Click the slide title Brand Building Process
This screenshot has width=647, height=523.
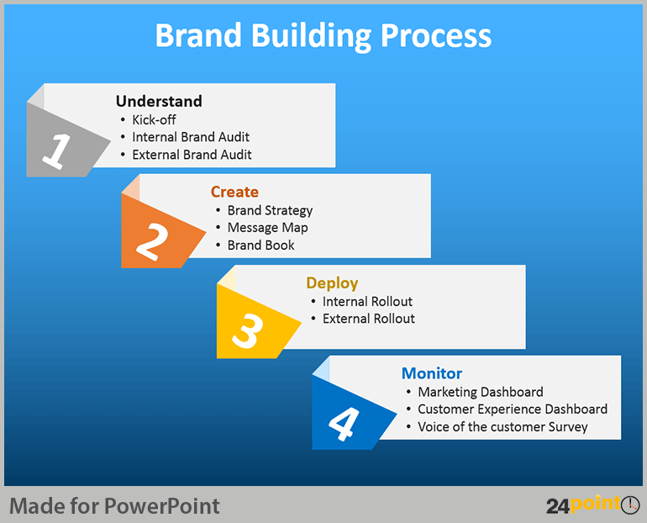click(323, 36)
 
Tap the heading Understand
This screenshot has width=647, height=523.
click(159, 102)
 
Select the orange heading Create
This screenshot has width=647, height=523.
click(234, 192)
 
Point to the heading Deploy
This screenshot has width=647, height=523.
click(332, 283)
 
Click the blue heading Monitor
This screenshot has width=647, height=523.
click(432, 373)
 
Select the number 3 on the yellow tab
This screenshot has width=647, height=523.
click(248, 332)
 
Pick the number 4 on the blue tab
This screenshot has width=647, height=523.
click(343, 423)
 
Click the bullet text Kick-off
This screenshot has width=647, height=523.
click(154, 119)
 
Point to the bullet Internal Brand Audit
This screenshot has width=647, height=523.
click(191, 137)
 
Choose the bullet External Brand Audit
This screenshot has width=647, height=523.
click(192, 155)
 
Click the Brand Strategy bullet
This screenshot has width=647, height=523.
click(270, 210)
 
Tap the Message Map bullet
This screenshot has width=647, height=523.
click(267, 228)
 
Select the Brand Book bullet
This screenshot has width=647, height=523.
click(260, 246)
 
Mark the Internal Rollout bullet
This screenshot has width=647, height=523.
click(367, 301)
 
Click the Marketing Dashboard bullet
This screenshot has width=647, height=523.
click(480, 392)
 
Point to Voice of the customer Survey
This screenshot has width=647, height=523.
click(502, 427)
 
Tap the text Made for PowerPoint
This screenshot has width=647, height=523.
click(114, 505)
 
